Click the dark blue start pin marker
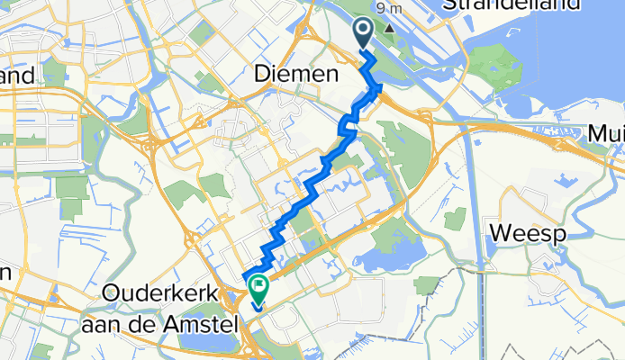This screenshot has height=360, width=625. click(364, 33)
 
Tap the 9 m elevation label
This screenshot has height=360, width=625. click(390, 8)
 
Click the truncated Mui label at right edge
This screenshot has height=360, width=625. click(607, 133)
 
